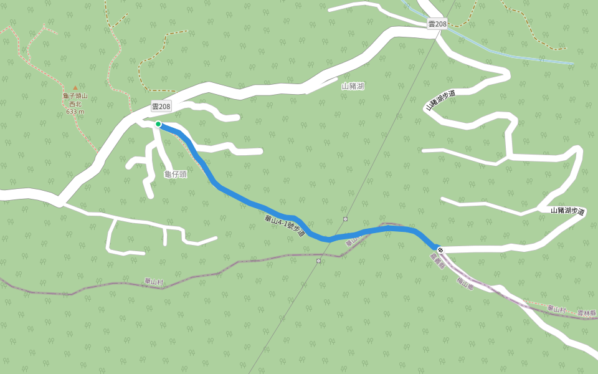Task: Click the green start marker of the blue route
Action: tap(158, 124)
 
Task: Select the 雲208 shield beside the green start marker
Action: tap(161, 107)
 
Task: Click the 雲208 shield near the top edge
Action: tap(437, 24)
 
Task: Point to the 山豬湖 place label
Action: tap(353, 86)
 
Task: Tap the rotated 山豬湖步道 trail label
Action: tap(440, 100)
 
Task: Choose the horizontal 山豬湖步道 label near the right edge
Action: tap(567, 211)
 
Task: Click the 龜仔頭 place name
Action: tap(175, 174)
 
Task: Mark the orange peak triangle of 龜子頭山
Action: tap(75, 88)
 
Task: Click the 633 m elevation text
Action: tap(75, 112)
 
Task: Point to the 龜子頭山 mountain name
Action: tap(75, 96)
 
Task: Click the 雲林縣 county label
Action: tap(586, 313)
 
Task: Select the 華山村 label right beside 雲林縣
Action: tap(556, 309)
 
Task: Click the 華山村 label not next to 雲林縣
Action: tap(151, 282)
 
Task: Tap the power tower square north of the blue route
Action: tap(345, 219)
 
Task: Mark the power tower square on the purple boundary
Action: tap(318, 261)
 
